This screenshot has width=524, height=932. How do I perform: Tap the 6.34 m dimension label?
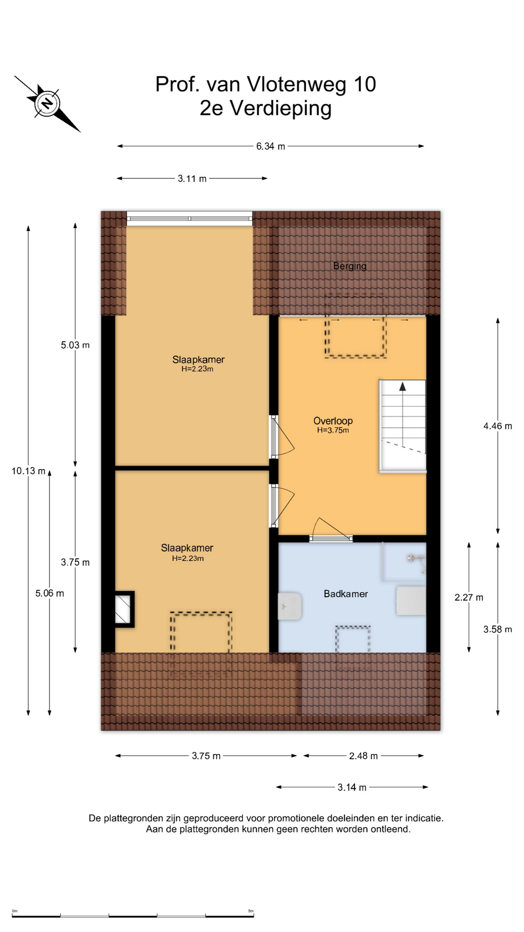(x=271, y=146)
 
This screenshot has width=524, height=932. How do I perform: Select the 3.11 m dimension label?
(x=192, y=179)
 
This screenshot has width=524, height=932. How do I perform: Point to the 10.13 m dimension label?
(x=29, y=471)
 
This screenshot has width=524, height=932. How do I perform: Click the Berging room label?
(x=350, y=266)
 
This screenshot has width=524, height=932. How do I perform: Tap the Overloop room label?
(x=333, y=421)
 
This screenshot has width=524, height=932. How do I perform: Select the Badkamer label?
(x=346, y=594)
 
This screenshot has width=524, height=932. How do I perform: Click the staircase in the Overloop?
(x=402, y=426)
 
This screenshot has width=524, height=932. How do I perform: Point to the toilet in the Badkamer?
(x=290, y=605)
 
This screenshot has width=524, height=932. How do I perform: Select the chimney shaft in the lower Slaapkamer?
(x=124, y=609)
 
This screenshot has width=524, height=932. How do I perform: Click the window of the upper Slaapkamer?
(x=190, y=218)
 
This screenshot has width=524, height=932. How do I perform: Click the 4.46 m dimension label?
(x=498, y=426)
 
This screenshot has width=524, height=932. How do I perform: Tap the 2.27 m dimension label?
(x=469, y=598)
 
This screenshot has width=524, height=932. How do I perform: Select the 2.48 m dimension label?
(x=363, y=756)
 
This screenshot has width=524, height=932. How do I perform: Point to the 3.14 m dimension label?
(x=352, y=787)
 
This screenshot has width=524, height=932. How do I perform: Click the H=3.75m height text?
(x=333, y=430)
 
